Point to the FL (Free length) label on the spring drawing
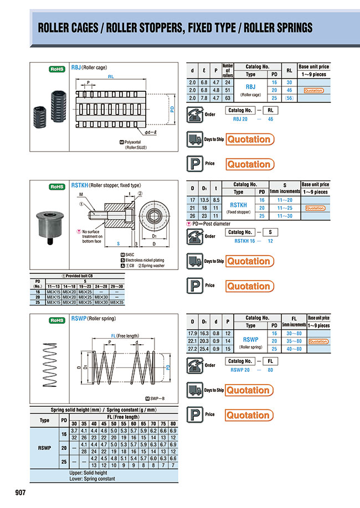(121, 335)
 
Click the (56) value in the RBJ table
(288, 98)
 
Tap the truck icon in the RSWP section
(194, 390)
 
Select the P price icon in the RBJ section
(194, 164)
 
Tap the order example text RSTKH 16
(246, 241)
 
